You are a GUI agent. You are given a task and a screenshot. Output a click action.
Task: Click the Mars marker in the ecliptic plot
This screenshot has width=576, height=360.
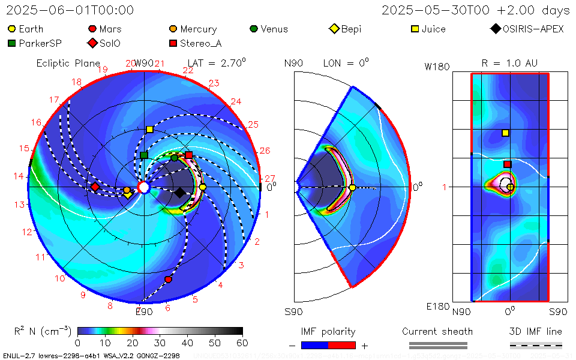tap(168, 280)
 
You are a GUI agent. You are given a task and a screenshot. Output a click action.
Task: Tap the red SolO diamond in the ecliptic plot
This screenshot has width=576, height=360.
tap(95, 187)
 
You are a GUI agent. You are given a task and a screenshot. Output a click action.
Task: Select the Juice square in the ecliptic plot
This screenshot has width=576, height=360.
tap(149, 130)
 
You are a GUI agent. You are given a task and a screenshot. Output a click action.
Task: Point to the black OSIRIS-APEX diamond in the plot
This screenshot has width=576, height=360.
tap(179, 193)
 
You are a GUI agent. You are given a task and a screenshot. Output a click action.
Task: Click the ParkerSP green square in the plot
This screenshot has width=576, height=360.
tap(144, 155)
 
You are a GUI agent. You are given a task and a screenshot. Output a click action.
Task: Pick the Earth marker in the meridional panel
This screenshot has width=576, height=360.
tap(352, 188)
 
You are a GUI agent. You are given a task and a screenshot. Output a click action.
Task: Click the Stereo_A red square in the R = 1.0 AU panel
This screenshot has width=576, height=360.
tap(507, 164)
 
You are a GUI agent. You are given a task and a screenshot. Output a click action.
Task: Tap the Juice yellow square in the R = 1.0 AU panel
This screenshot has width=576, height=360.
tap(505, 133)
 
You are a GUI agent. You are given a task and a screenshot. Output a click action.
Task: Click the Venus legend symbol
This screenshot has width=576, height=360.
tap(254, 29)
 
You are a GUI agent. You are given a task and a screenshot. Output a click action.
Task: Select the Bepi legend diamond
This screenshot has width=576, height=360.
tap(334, 29)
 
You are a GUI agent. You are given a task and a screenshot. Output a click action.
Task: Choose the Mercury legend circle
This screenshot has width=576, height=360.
tap(173, 29)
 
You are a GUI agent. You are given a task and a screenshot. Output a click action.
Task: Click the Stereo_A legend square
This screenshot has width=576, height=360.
tap(173, 43)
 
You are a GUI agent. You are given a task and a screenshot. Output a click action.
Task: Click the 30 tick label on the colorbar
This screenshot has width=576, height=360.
tap(160, 343)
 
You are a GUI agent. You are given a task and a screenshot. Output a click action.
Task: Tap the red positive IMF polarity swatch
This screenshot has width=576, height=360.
tap(342, 345)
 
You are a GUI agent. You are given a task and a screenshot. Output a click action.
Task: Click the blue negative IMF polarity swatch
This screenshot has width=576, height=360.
tap(314, 345)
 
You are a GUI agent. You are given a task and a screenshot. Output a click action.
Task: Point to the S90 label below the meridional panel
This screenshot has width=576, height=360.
tap(293, 311)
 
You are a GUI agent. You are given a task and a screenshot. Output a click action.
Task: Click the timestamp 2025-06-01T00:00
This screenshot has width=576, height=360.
tap(70, 10)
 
